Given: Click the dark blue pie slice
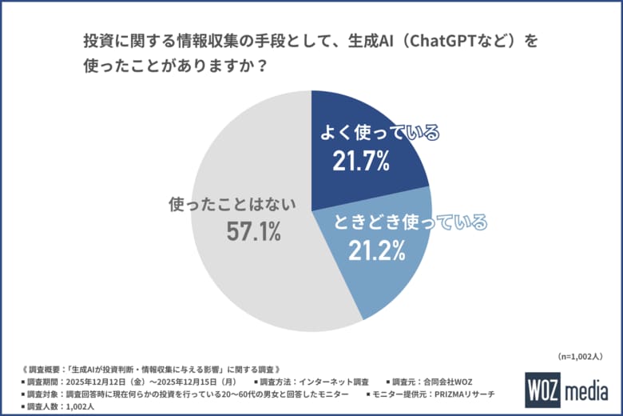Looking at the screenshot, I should pos(359,120).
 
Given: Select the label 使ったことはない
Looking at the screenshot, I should pos(232,204).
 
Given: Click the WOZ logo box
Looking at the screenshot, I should pos(543,391).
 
